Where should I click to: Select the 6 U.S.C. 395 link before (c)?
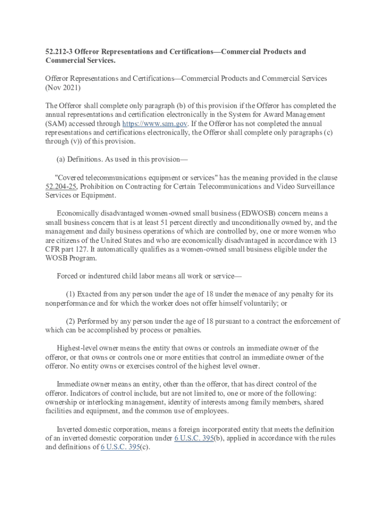(x=120, y=447)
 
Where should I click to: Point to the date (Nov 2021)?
(x=63, y=87)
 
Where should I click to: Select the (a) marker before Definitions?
(x=62, y=159)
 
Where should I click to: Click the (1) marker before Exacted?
(x=71, y=294)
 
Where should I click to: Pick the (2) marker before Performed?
(x=71, y=321)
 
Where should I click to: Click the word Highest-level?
(x=78, y=348)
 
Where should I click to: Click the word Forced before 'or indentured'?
(x=68, y=276)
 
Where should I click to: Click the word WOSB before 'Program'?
(x=57, y=259)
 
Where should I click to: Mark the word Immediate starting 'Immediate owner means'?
(x=74, y=384)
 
